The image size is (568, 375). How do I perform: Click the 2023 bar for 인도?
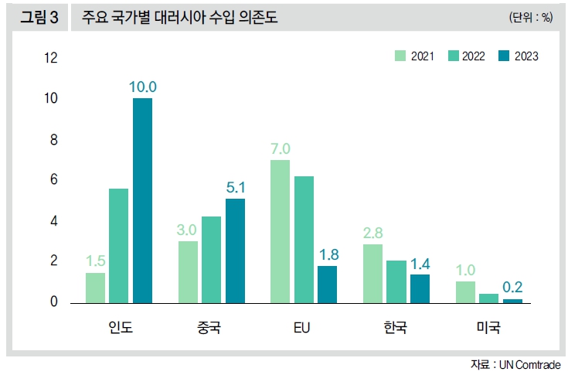click(142, 199)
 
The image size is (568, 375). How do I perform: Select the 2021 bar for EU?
click(280, 230)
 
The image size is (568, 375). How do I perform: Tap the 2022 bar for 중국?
click(211, 259)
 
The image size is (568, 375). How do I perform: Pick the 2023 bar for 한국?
click(420, 288)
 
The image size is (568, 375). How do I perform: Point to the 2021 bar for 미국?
click(466, 291)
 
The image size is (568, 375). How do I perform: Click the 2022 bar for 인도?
click(119, 245)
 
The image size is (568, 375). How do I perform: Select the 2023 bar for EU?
click(327, 284)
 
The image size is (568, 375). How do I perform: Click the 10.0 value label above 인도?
click(143, 86)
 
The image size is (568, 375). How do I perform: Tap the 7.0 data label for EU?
click(280, 148)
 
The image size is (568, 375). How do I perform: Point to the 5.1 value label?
click(234, 186)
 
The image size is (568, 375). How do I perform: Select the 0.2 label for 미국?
click(512, 287)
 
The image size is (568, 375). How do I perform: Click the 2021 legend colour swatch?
click(400, 56)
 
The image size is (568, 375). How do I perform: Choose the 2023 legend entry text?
click(526, 56)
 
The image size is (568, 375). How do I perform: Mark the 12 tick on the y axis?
click(51, 58)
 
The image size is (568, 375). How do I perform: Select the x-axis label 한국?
click(396, 328)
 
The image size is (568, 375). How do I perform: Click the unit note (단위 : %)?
click(530, 18)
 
